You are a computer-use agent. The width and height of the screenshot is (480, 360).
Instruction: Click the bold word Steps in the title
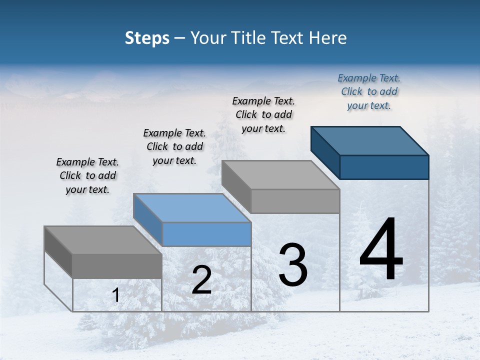(147, 38)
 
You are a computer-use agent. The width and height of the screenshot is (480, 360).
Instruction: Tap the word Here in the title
(328, 38)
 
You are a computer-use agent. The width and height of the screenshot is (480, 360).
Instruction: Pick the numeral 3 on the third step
(292, 265)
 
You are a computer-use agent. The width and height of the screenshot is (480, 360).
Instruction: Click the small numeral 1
(115, 295)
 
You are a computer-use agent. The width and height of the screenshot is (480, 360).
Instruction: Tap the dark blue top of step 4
(370, 140)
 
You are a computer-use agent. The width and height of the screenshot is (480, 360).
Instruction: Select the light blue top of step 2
(192, 208)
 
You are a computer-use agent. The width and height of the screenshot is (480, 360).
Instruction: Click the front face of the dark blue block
(384, 167)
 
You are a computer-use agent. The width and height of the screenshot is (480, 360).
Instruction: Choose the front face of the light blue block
(207, 234)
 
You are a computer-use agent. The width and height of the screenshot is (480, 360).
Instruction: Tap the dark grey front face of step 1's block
(117, 266)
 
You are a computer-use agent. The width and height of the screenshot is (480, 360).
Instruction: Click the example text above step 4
(369, 91)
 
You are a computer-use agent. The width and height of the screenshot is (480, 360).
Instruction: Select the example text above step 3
(263, 114)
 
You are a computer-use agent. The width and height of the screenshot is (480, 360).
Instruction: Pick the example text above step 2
(174, 146)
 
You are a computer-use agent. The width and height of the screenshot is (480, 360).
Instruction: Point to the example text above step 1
(87, 175)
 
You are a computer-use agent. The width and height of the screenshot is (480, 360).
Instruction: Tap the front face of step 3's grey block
(295, 201)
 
